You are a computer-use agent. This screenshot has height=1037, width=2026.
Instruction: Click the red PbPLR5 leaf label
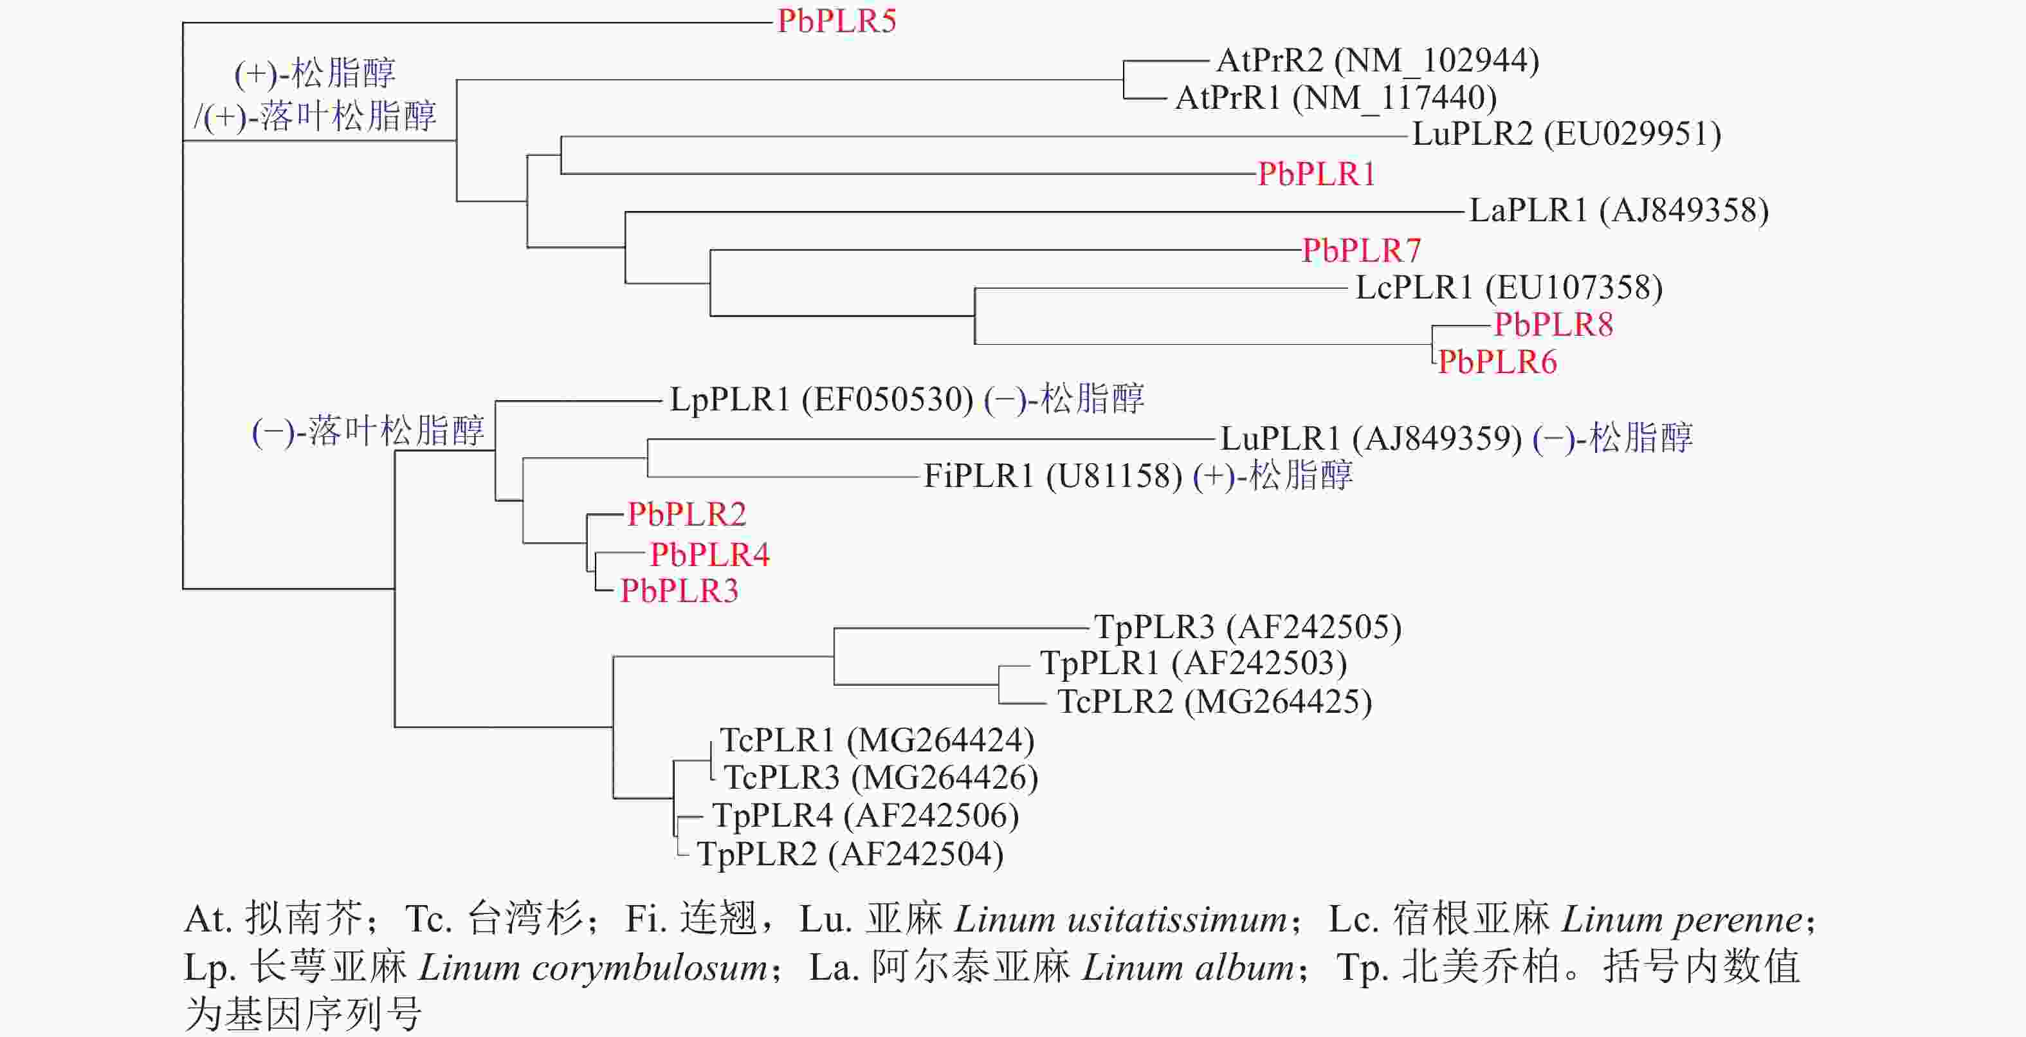836,21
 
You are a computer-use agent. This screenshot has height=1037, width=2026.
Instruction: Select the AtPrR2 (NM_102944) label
1377,60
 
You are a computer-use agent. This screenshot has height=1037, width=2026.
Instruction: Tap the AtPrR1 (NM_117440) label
1335,98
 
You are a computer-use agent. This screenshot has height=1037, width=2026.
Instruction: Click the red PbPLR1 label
1317,174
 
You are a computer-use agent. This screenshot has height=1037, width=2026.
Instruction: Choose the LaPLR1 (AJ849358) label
1619,211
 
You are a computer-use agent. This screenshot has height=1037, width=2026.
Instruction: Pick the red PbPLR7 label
1362,251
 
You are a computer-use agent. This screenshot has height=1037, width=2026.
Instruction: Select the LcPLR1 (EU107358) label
1508,288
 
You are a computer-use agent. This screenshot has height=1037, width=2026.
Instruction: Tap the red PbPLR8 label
1553,325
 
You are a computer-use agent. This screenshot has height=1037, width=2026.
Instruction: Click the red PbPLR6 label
1497,363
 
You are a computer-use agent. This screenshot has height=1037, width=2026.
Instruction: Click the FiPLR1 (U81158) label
1052,476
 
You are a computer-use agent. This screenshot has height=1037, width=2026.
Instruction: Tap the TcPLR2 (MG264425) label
1214,702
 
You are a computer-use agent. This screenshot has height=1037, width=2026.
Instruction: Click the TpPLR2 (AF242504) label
850,854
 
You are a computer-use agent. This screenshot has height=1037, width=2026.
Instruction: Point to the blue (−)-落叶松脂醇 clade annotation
368,432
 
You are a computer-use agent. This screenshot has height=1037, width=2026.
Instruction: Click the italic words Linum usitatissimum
1122,920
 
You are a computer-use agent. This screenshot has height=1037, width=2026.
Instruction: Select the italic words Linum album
1187,968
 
